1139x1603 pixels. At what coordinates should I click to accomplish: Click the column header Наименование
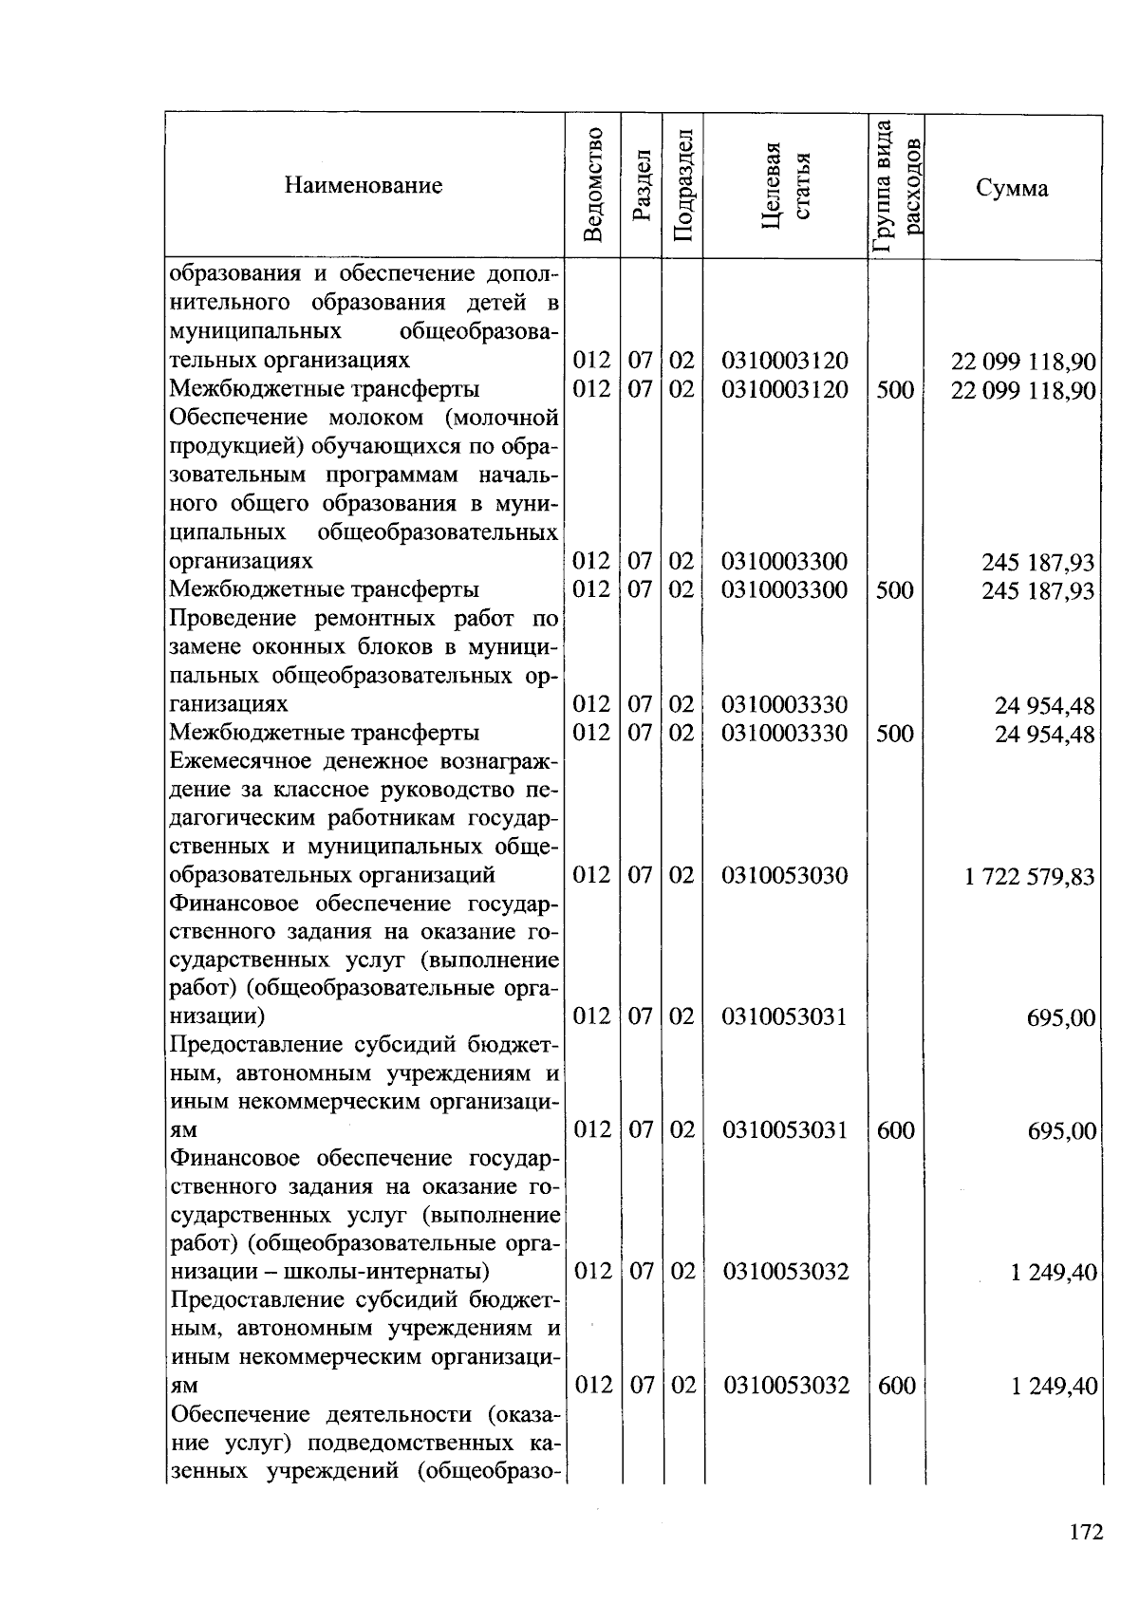[x=363, y=185]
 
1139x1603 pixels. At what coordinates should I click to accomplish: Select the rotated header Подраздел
[x=682, y=184]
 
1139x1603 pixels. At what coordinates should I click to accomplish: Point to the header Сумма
[x=1012, y=187]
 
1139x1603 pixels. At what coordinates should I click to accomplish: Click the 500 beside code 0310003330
[x=895, y=734]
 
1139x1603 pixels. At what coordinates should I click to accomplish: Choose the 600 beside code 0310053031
[x=895, y=1130]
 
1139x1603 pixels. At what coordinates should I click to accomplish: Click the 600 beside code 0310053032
[x=896, y=1386]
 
